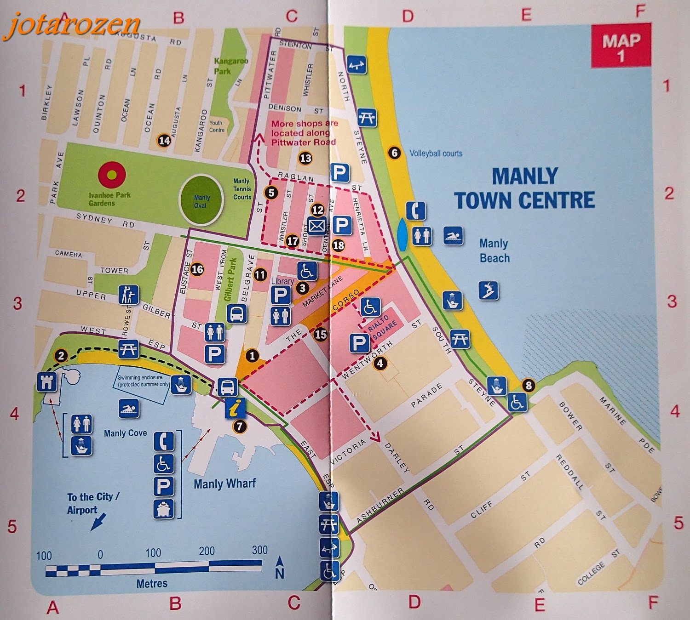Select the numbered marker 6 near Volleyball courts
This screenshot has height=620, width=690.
394,152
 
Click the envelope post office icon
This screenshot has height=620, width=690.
316,226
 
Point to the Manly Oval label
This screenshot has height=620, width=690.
201,201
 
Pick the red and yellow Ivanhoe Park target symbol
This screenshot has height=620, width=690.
112,175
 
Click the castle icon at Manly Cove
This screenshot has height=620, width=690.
47,382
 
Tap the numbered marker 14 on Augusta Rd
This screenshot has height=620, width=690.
164,140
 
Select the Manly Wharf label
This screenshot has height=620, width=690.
224,483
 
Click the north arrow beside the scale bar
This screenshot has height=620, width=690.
279,568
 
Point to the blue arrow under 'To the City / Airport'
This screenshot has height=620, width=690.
98,522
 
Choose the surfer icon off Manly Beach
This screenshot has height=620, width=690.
488,290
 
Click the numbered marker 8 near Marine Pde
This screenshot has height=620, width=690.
528,385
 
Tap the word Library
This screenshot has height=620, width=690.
282,281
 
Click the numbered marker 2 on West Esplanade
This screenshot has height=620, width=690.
61,355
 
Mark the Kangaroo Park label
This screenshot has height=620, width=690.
231,66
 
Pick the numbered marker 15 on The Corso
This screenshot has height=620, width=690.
321,334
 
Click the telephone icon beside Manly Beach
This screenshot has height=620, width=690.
415,211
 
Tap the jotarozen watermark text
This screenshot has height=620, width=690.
72,25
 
